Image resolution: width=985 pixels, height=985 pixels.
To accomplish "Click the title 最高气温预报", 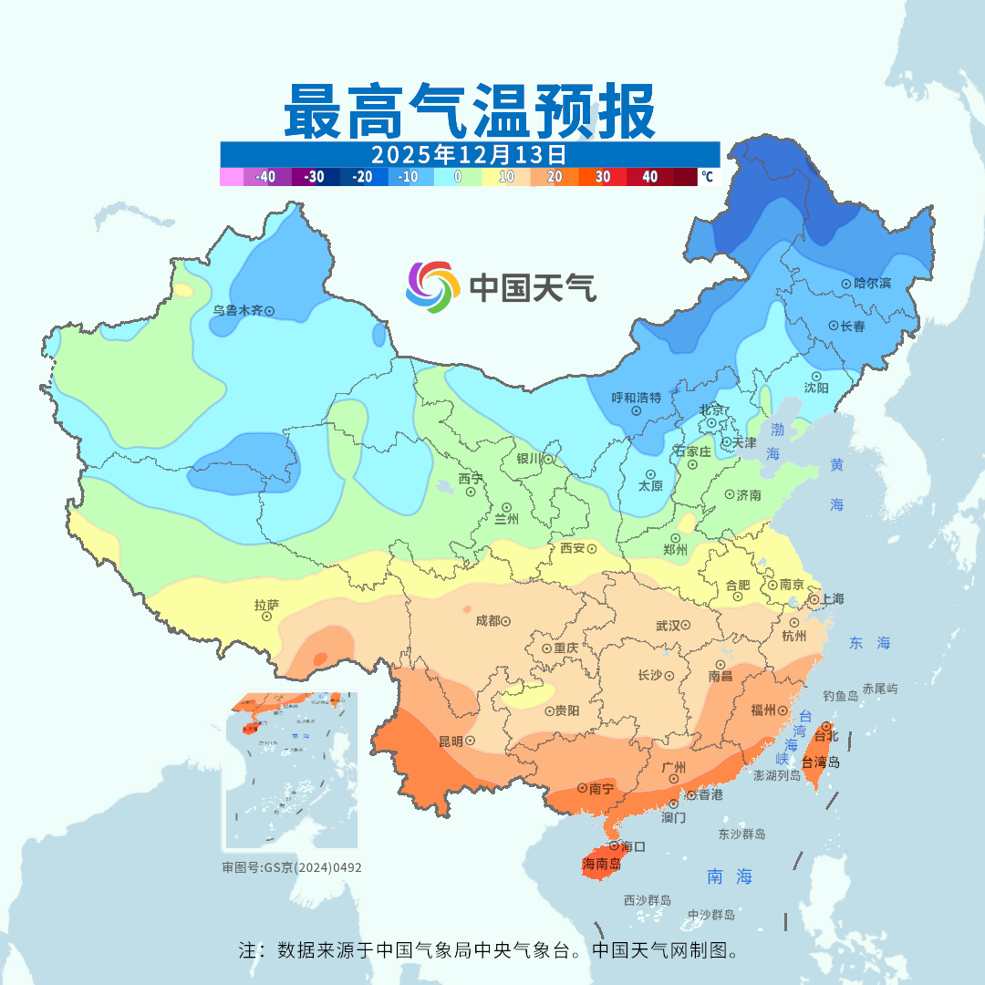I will tap(470, 110).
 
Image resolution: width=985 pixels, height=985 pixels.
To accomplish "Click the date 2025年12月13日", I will tap(469, 153).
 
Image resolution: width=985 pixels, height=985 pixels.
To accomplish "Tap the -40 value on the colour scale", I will tap(265, 177).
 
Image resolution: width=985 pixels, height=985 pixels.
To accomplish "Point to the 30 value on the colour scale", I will tap(602, 177).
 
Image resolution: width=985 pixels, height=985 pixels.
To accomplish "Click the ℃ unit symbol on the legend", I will tap(707, 177).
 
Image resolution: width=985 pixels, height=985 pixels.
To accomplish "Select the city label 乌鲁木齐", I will tap(237, 311).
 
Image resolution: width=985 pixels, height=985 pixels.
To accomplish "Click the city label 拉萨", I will tap(266, 605).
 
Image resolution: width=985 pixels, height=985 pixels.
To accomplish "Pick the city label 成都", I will tap(487, 621).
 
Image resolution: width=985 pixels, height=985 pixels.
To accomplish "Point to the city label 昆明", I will tap(451, 741).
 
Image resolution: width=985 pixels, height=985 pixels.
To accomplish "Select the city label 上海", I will tap(832, 599).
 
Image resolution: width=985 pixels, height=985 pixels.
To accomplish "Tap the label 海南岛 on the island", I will tap(600, 864).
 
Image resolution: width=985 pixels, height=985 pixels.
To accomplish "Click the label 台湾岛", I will tap(821, 762).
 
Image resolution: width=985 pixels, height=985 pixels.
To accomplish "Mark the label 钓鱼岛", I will tap(840, 696).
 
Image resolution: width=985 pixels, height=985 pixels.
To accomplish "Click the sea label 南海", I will tap(731, 877).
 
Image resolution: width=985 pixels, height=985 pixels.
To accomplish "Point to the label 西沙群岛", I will tap(648, 901).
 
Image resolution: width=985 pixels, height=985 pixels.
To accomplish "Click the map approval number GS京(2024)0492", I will tap(292, 867).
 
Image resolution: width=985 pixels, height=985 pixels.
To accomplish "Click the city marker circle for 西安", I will tap(592, 549).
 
